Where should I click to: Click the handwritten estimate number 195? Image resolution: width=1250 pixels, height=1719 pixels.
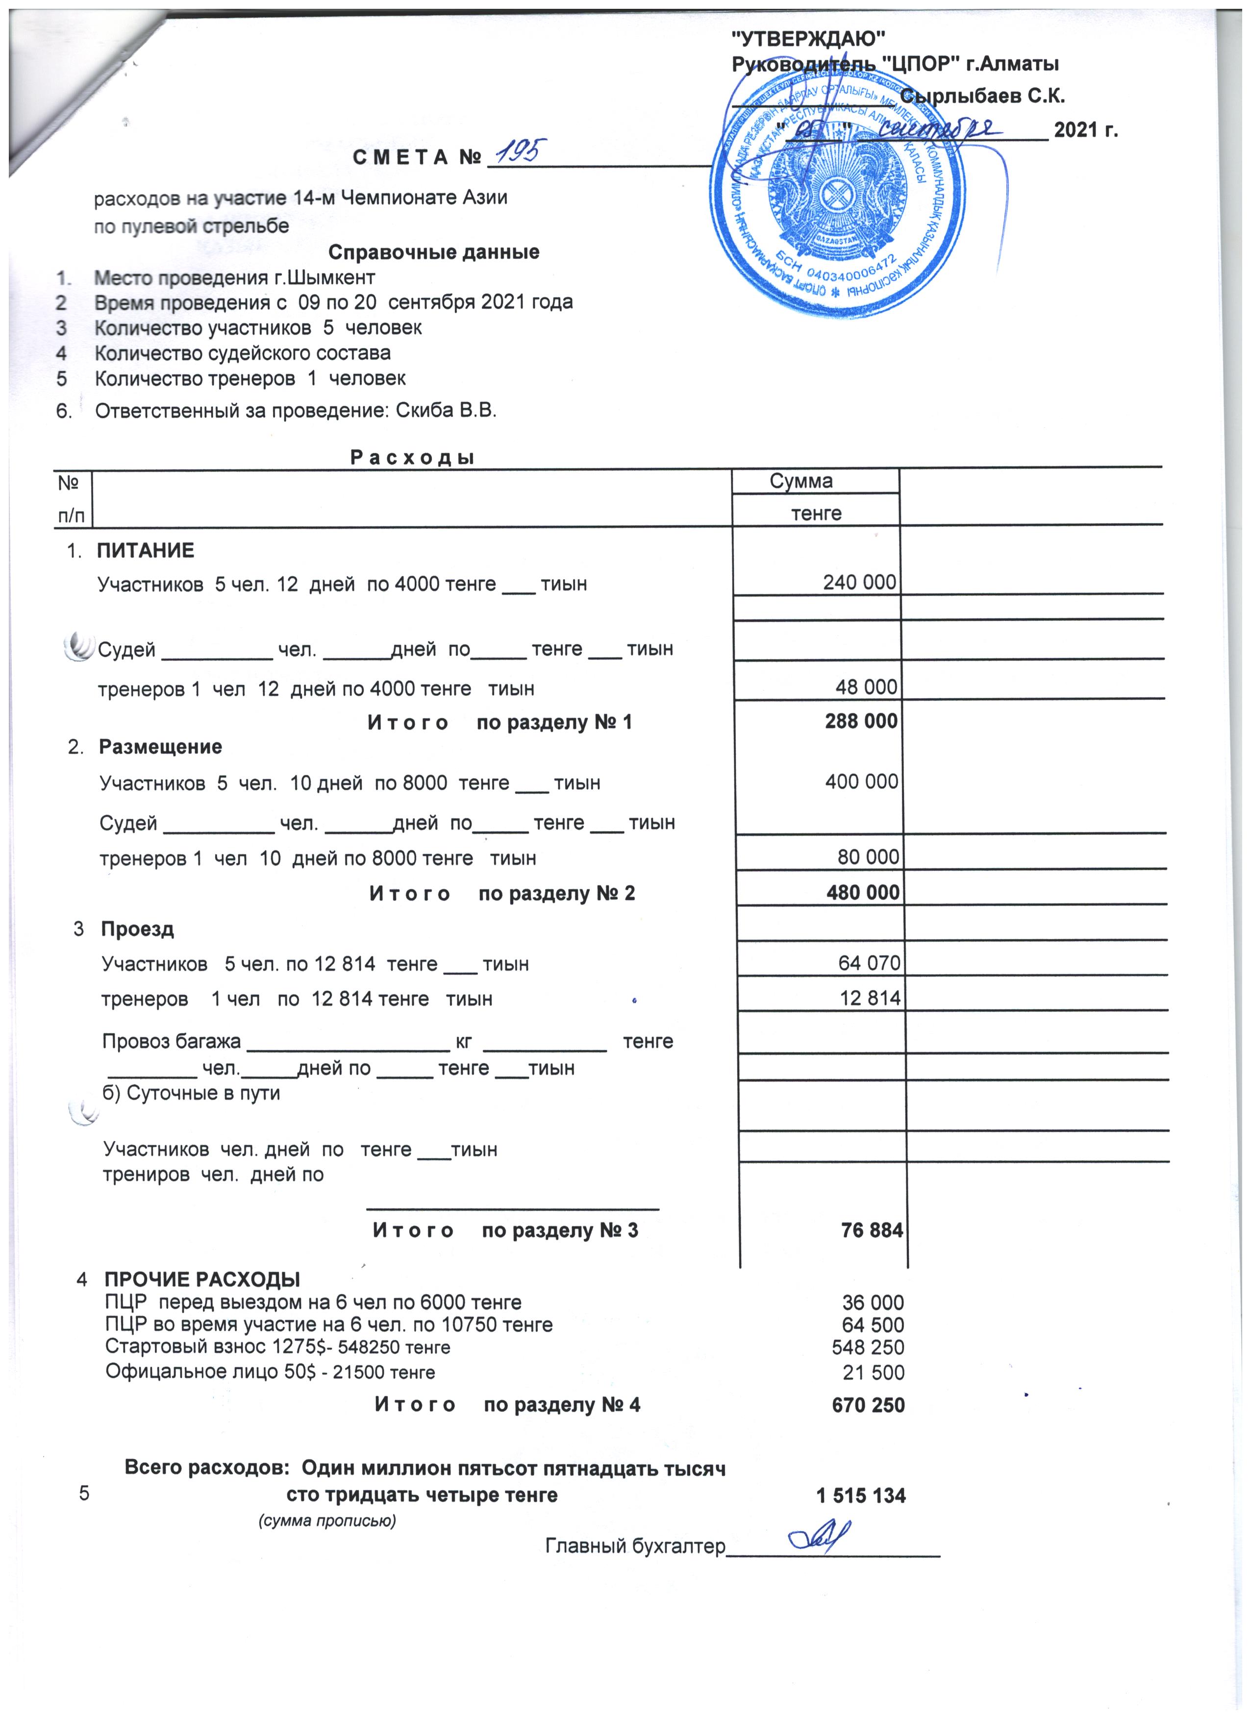click(523, 153)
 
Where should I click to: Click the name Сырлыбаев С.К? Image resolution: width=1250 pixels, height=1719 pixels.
click(982, 96)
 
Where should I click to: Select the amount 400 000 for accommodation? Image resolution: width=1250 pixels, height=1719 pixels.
click(861, 782)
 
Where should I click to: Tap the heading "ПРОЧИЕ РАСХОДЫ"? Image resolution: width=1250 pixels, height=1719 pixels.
click(202, 1280)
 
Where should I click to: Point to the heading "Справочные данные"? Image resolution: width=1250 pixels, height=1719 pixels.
click(434, 252)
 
